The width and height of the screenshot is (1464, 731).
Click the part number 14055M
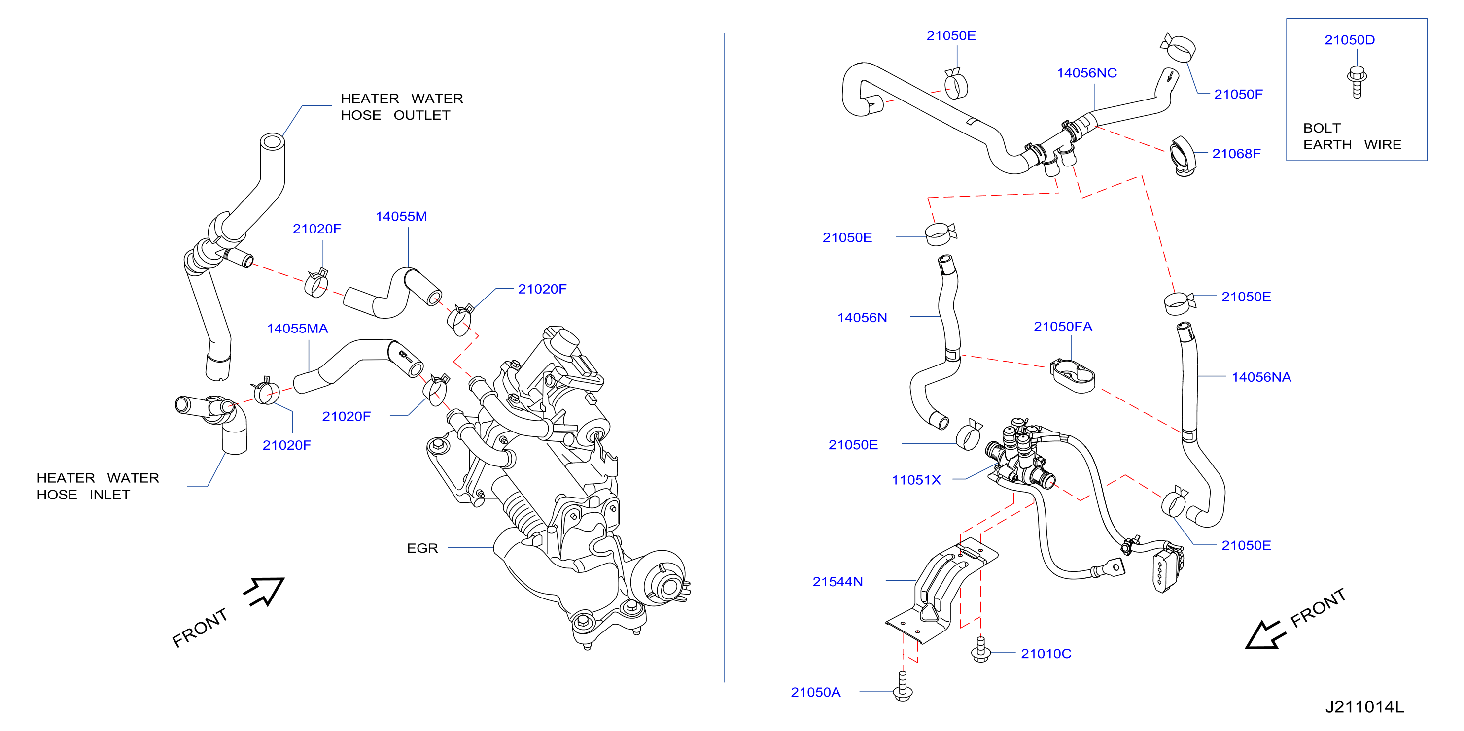401,216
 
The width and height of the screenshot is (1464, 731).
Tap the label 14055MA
297,328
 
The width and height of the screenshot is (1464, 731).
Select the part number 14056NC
1086,73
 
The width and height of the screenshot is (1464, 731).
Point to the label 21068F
1236,153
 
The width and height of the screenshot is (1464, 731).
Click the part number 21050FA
1063,326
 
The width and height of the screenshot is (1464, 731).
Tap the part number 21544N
837,582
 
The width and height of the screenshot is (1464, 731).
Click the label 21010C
1046,654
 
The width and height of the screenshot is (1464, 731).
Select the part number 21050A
815,692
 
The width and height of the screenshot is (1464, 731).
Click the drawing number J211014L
1364,707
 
